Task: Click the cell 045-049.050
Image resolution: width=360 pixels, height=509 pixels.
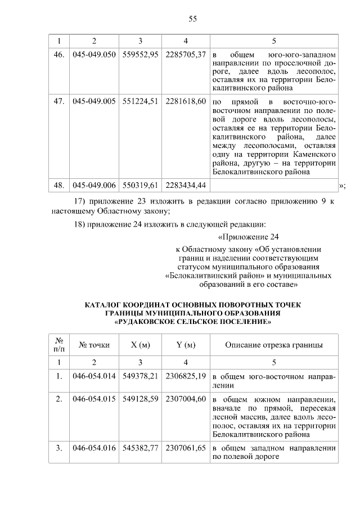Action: pos(94,56)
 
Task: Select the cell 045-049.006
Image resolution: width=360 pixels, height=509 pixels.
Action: pos(94,185)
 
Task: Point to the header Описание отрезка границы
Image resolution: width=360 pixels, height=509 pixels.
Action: pos(274,345)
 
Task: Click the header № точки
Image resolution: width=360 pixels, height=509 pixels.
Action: pos(94,345)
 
